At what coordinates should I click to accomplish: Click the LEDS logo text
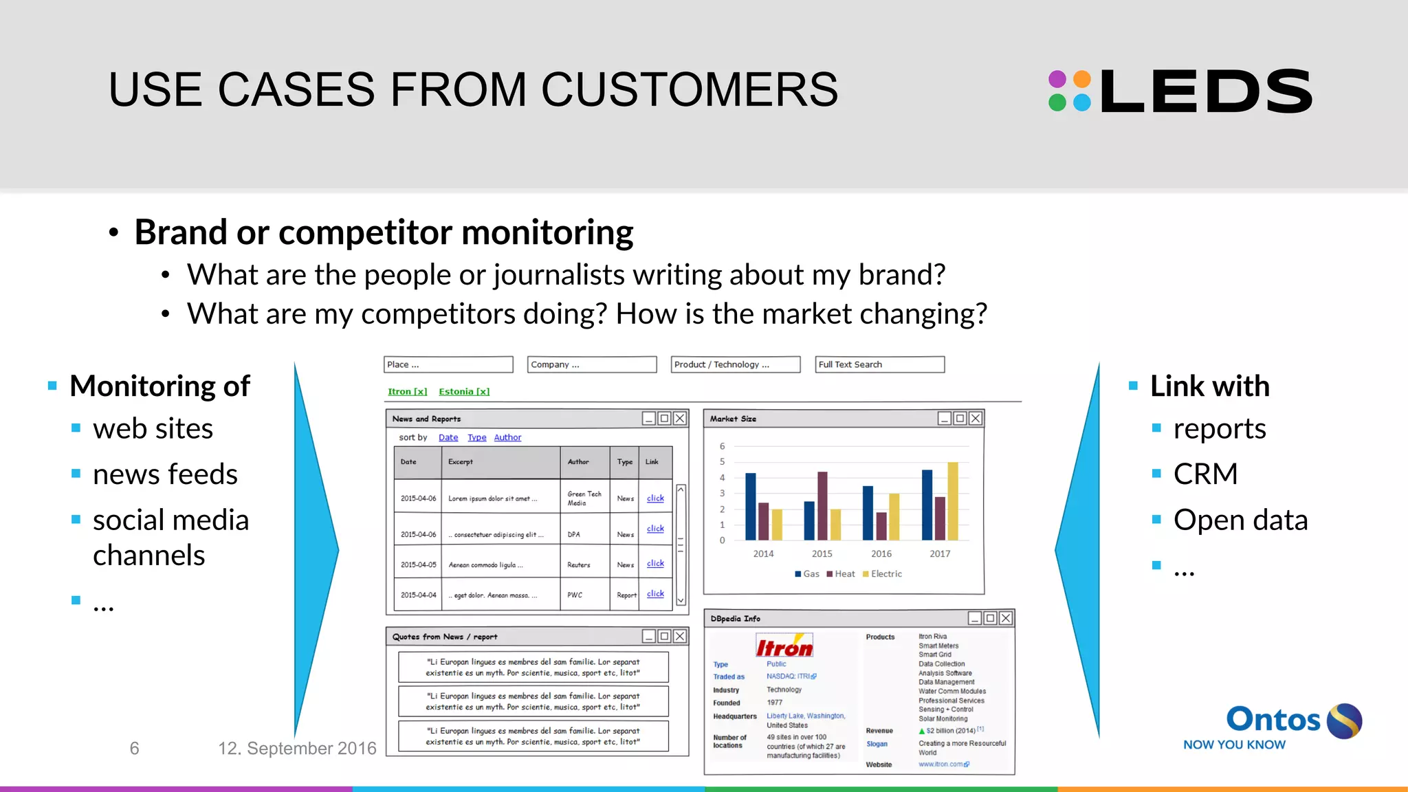(1206, 91)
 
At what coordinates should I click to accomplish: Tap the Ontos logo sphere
(1343, 721)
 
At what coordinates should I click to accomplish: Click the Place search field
(448, 364)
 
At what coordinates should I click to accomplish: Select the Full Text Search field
(879, 364)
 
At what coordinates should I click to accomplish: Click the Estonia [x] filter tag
(464, 391)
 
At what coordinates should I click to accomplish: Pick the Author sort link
(507, 437)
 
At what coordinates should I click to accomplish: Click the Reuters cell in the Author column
(579, 565)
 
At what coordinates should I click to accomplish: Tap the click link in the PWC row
(655, 593)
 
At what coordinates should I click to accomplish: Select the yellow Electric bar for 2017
(953, 500)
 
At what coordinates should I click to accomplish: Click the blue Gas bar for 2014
(751, 506)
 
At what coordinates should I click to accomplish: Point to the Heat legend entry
(841, 574)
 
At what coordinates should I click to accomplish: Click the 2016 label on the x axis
(881, 553)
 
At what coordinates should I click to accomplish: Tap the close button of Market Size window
(976, 418)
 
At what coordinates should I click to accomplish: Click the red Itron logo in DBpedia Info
(784, 647)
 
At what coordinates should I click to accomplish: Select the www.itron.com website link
(943, 764)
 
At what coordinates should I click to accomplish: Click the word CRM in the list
(1205, 474)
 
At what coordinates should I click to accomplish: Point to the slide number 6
(134, 748)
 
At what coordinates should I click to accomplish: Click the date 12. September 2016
(297, 748)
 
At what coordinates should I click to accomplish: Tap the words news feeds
(165, 474)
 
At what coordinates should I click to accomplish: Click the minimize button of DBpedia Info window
(974, 618)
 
